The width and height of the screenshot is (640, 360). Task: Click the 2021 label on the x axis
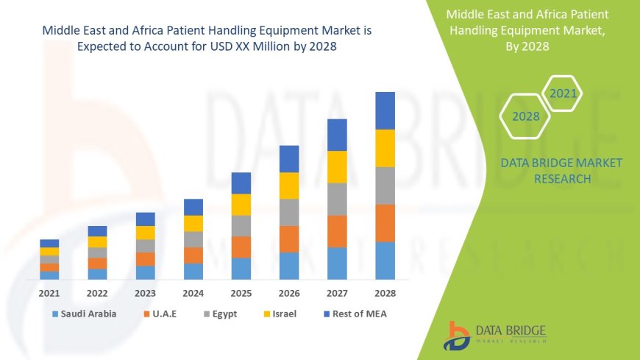click(49, 293)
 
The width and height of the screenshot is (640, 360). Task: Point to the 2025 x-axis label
click(241, 293)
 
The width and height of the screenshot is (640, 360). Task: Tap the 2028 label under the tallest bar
click(385, 293)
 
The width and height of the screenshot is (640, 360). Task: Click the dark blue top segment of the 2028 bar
click(385, 110)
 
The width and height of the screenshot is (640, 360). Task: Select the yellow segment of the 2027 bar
click(337, 166)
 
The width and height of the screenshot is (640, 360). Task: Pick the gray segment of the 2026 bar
click(289, 212)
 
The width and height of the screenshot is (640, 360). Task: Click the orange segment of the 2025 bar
click(241, 247)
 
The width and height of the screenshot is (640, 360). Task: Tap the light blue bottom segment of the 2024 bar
click(193, 271)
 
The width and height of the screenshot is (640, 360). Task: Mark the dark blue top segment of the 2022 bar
click(97, 231)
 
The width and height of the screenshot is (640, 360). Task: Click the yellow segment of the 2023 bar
click(146, 233)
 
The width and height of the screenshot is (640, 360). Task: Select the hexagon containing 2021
click(563, 93)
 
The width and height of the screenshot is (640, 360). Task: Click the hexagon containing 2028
click(526, 116)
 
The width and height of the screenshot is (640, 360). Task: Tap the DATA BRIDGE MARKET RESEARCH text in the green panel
click(561, 171)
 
